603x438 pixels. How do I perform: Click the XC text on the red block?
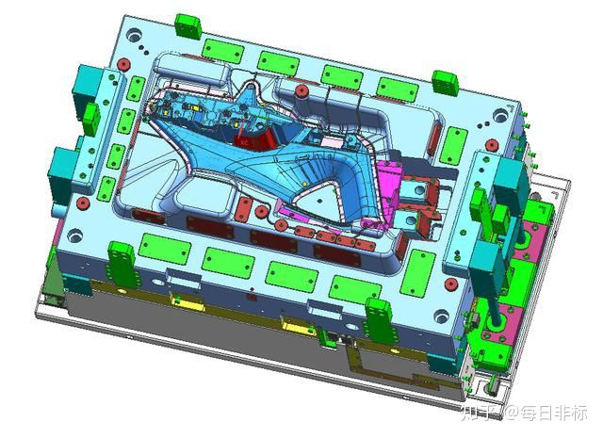point(244,142)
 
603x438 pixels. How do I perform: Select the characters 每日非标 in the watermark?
point(554,414)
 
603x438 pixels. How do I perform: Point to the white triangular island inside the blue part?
point(318,199)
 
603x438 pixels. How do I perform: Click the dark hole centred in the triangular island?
point(319,201)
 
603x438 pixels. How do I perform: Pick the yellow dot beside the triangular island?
point(305,185)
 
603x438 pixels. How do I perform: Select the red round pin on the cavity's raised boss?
point(301,91)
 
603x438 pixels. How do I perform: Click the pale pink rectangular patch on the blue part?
point(328,142)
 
